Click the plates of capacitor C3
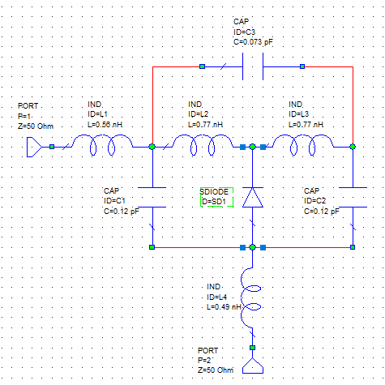(x=253, y=66)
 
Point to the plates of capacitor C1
(x=152, y=197)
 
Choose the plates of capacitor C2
(x=353, y=197)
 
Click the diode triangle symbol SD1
(x=253, y=198)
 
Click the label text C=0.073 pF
(x=253, y=42)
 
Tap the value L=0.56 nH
(x=105, y=125)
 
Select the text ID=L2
(x=199, y=114)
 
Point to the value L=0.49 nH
(x=224, y=307)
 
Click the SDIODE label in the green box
(x=214, y=192)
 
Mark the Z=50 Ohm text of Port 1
(x=36, y=126)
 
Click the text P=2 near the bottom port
(x=204, y=361)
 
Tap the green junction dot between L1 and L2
(x=152, y=147)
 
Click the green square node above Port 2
(x=252, y=348)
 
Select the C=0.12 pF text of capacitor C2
(x=322, y=212)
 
